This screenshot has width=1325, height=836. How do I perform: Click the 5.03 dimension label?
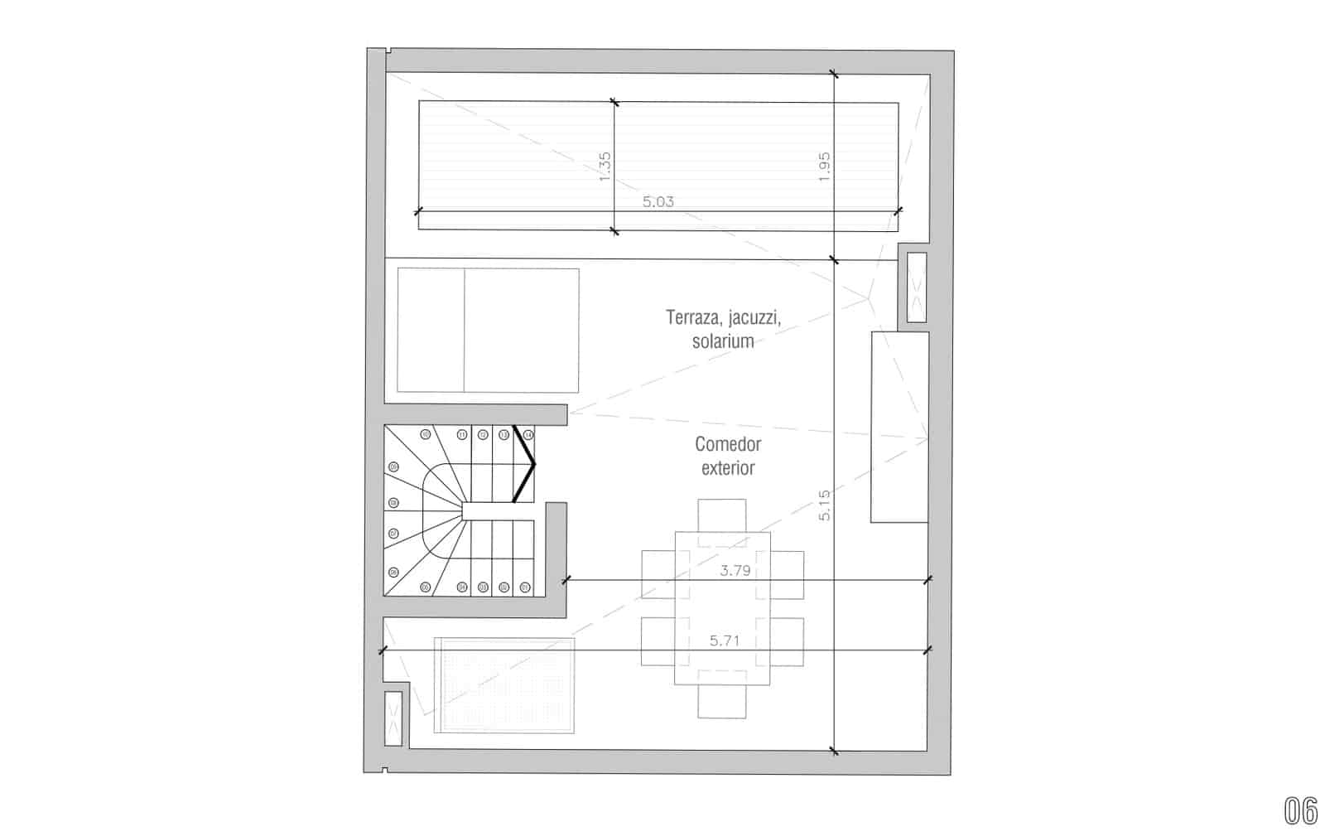pos(658,201)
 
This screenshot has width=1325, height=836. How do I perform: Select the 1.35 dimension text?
pos(605,166)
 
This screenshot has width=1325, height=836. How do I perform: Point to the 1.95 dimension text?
pos(823,166)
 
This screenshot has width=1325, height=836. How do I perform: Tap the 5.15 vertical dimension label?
pos(824,505)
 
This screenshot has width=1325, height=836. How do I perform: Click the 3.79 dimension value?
pos(735,570)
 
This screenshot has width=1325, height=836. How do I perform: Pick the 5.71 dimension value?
pos(725,640)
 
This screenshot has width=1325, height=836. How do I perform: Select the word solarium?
pos(723,341)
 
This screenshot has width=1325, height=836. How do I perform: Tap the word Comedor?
pos(728,444)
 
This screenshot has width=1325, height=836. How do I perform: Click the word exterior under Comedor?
pos(728,468)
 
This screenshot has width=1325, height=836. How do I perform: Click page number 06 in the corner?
pos(1300,811)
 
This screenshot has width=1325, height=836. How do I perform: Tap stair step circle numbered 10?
pos(426,434)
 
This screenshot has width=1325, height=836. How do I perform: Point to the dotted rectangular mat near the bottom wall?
pos(505,685)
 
